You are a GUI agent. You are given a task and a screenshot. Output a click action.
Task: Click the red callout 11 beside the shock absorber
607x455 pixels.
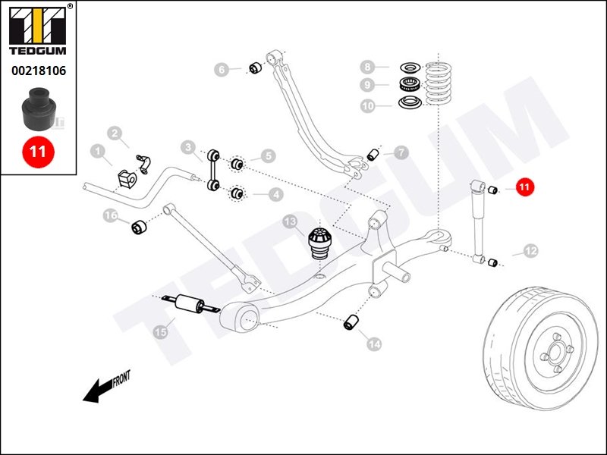(x=525, y=187)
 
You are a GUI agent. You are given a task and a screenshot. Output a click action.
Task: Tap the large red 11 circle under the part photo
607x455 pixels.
(x=37, y=151)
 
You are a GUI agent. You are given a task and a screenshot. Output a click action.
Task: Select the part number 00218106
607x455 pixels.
(x=38, y=71)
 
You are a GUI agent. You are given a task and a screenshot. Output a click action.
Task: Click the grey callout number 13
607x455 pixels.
(x=290, y=221)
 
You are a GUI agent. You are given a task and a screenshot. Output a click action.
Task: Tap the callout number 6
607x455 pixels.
(x=222, y=70)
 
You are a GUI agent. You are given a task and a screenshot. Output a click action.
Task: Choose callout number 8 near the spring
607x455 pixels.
(x=367, y=67)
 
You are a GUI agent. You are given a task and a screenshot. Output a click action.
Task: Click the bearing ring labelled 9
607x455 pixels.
(x=410, y=84)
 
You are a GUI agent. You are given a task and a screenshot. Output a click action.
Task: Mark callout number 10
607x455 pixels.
(x=367, y=106)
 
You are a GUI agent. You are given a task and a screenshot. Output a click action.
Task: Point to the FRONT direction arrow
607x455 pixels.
(x=106, y=386)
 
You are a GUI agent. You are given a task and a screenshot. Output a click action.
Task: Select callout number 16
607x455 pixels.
(x=111, y=217)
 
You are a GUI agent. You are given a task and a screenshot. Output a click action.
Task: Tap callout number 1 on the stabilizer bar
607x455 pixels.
(x=97, y=152)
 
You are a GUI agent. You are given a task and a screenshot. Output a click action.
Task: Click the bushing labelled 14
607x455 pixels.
(x=351, y=322)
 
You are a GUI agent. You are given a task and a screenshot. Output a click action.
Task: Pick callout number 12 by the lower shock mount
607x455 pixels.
(x=530, y=250)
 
